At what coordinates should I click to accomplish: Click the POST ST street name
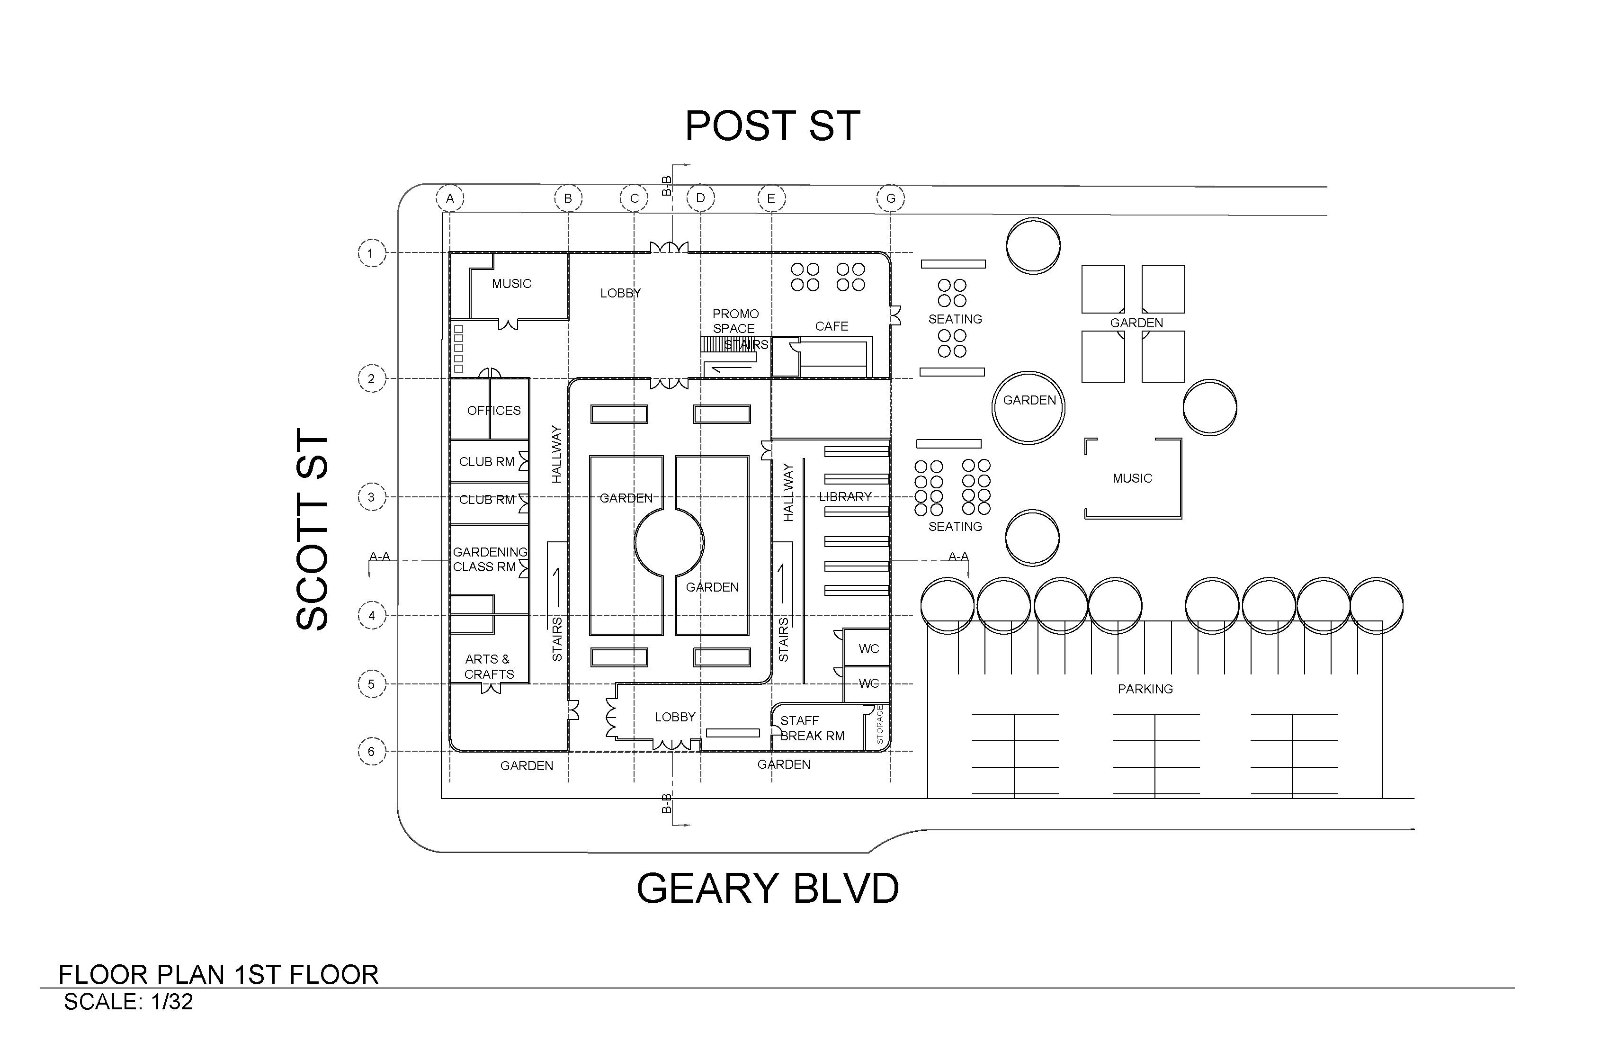(772, 126)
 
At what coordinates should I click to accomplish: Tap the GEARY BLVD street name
(768, 889)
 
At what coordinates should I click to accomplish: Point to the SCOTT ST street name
(313, 530)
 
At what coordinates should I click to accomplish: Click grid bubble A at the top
(450, 198)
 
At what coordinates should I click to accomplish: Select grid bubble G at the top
(890, 198)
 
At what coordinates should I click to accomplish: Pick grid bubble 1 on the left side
(371, 254)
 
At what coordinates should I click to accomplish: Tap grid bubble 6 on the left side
(371, 751)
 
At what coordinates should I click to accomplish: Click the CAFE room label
(832, 326)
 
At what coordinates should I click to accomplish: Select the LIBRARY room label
(845, 497)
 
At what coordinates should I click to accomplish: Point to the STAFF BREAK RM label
(812, 728)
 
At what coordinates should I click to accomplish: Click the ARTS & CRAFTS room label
(488, 666)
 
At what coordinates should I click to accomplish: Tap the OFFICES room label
(494, 411)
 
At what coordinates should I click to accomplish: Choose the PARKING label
(1145, 689)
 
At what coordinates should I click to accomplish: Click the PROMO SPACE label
(734, 321)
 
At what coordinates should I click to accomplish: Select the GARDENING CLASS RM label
(488, 559)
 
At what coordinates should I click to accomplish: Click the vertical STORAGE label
(879, 725)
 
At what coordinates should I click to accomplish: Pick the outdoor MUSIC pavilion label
(1132, 478)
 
